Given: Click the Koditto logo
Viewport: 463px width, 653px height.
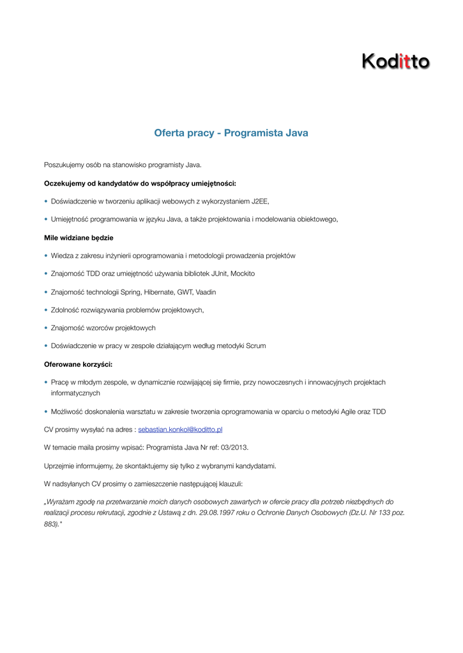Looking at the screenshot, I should coord(395,61).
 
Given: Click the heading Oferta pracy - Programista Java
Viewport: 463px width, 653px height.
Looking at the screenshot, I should coord(231,133).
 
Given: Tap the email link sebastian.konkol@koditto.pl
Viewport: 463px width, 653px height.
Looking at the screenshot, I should coord(180,430).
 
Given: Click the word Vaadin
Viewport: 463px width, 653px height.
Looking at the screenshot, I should coord(206,291).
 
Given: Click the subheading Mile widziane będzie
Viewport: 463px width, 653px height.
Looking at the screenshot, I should coord(79,237).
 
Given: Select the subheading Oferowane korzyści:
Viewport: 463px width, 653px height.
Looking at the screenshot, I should coord(78,364).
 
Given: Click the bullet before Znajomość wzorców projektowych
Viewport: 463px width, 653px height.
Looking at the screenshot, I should coord(46,328).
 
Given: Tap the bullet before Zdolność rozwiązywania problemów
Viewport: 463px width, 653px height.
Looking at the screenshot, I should coord(46,310).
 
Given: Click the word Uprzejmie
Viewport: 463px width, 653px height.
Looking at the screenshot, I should coord(59,466).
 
